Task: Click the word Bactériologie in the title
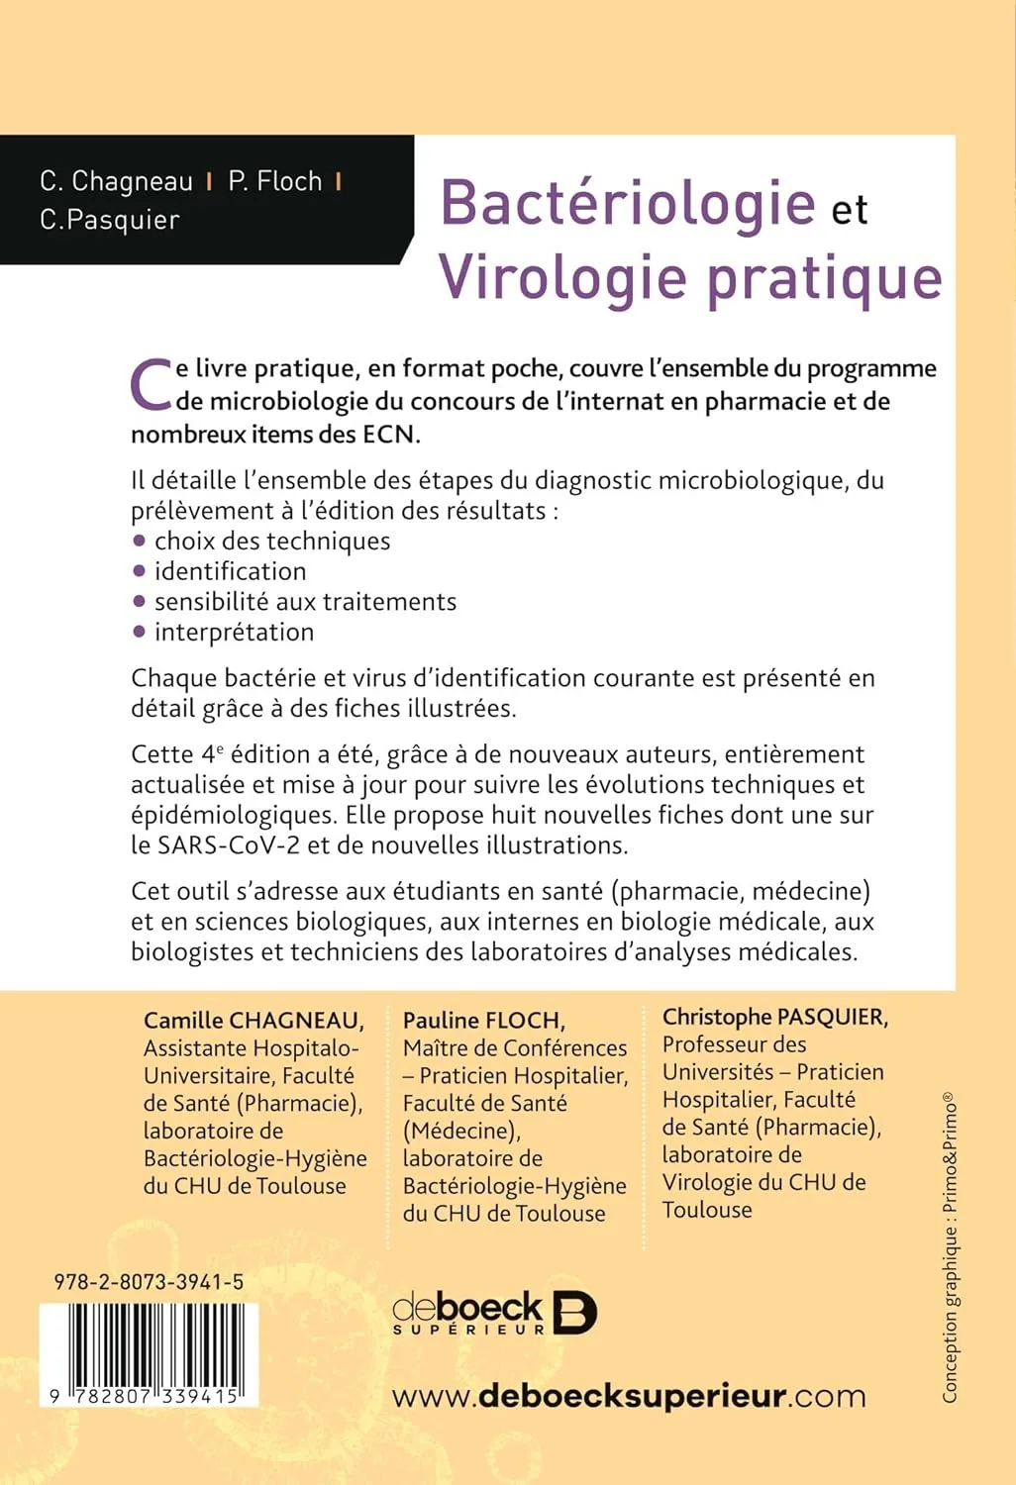[x=627, y=204]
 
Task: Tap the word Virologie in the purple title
[x=561, y=278]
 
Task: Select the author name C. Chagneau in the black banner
[x=116, y=181]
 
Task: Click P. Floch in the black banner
[x=275, y=181]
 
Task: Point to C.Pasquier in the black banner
[x=110, y=220]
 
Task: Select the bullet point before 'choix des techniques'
[x=140, y=541]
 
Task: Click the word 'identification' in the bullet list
[x=230, y=571]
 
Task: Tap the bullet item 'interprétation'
[x=234, y=632]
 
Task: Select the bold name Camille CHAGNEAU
[x=254, y=1020]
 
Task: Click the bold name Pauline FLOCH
[x=483, y=1020]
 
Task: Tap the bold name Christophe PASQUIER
[x=774, y=1017]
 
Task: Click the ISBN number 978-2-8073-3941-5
[x=149, y=1282]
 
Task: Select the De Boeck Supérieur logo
[x=494, y=1313]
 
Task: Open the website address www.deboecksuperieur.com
[x=629, y=1397]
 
